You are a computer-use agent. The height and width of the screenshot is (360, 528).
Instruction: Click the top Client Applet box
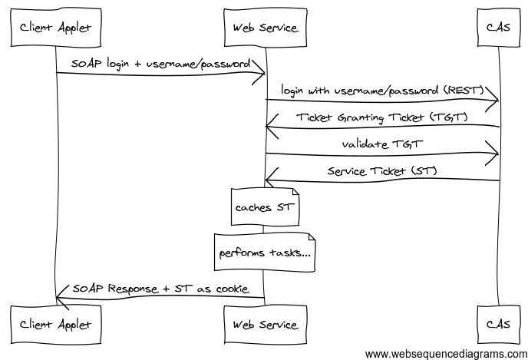tap(56, 28)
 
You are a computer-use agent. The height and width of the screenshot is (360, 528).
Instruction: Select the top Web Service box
tap(265, 28)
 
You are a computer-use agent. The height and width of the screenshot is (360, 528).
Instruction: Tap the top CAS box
tap(498, 28)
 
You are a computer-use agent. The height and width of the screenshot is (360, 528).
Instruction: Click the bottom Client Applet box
tap(56, 324)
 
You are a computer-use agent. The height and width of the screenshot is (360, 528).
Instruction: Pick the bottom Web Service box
tap(265, 324)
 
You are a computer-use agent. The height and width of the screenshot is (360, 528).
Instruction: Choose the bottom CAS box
tap(498, 324)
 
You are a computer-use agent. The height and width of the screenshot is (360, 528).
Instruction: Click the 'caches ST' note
tap(265, 206)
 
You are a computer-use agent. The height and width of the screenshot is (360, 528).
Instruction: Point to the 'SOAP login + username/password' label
tap(160, 63)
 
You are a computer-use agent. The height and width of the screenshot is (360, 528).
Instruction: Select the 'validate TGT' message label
tap(382, 144)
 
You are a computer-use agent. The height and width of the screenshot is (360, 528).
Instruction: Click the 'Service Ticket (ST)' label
tap(382, 170)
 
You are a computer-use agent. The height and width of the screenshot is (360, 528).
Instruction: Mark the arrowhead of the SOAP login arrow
tap(261, 74)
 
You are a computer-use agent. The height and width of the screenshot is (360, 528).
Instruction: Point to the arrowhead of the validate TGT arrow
tap(494, 154)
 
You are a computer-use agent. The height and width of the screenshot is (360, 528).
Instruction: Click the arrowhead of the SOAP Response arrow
tap(61, 299)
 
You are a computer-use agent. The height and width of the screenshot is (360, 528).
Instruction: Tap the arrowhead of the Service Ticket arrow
tap(269, 181)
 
